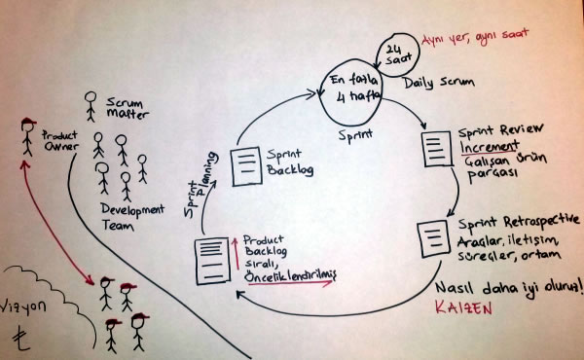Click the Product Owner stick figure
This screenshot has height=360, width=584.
tap(26, 140)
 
